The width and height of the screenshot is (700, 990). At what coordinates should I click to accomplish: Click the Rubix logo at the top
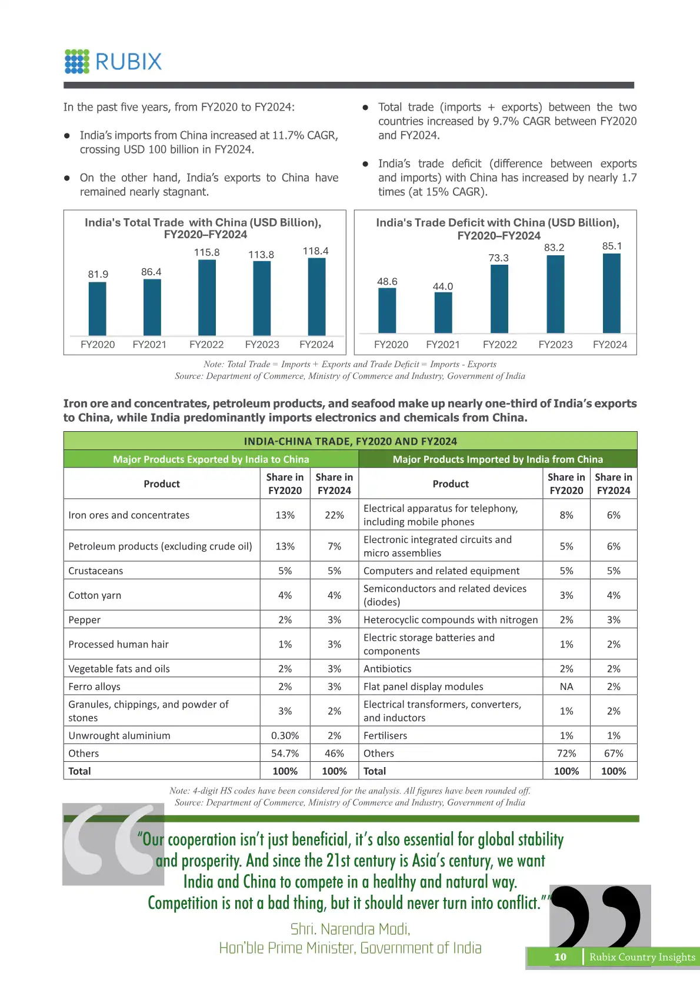113,62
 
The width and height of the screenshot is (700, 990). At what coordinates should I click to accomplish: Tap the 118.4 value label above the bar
315,251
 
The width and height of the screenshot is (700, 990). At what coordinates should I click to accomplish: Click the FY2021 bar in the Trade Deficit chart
443,312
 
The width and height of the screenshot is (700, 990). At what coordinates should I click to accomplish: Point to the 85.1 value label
612,246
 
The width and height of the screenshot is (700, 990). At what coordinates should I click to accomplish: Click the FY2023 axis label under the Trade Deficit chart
555,345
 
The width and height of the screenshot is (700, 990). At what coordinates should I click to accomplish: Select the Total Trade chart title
204,228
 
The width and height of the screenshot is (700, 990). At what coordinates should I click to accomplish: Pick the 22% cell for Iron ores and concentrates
334,515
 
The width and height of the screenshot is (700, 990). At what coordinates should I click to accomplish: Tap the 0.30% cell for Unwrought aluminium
285,735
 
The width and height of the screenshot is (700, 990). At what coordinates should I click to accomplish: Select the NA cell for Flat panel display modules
566,686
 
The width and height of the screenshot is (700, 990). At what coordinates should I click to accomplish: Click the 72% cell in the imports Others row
566,754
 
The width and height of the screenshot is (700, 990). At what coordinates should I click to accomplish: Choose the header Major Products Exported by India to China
211,459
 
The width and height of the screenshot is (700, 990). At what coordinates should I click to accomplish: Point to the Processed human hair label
118,644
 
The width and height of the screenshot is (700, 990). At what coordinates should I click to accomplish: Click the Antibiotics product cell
388,669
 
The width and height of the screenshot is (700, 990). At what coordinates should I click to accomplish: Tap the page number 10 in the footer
560,957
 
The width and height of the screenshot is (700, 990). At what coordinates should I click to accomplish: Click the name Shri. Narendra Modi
351,929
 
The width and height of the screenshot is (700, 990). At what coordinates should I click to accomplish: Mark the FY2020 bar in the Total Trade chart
98,309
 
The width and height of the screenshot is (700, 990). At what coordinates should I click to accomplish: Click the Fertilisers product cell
385,735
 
